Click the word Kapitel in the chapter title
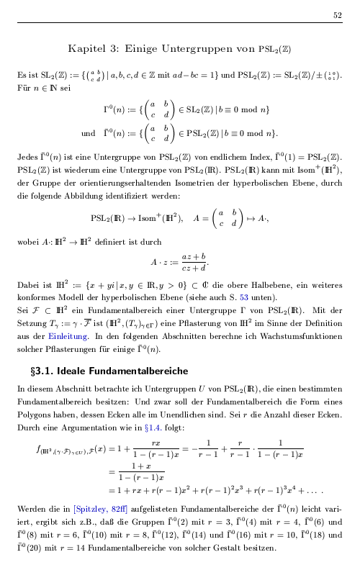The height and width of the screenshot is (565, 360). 87,49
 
